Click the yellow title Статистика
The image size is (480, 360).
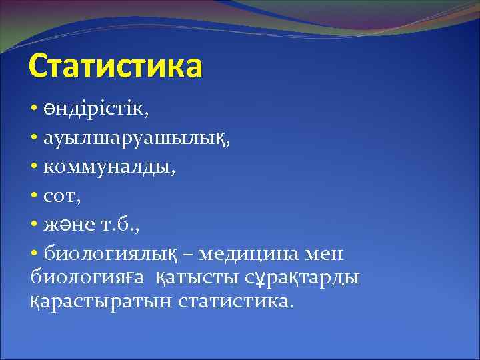(115, 67)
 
